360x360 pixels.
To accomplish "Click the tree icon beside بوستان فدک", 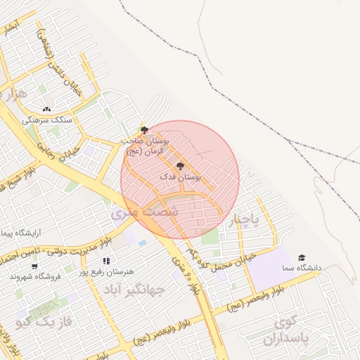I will (181, 166).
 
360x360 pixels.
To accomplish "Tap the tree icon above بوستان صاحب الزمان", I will (144, 130).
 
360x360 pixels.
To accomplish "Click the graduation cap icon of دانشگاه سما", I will (302, 257).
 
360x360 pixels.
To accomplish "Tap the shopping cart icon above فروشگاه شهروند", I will (34, 266).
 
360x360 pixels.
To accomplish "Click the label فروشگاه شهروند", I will (34, 277).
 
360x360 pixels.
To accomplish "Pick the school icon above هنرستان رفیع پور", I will (106, 262).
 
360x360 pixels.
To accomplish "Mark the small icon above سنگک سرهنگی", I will (47, 109).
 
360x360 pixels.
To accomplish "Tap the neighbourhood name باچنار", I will (244, 221).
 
